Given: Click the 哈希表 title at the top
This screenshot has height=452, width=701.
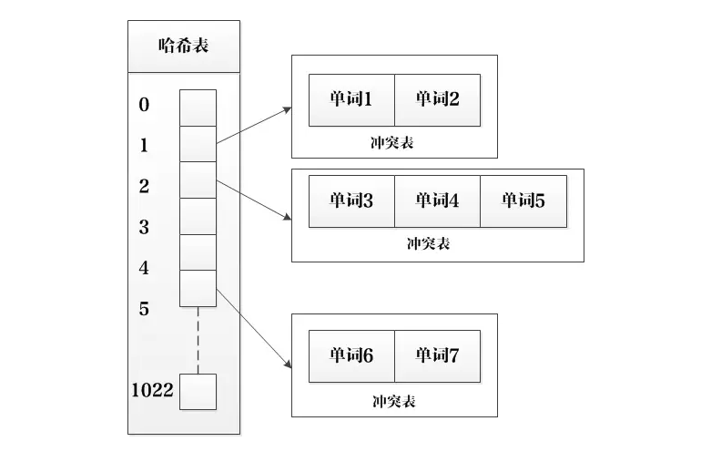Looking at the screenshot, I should tap(184, 45).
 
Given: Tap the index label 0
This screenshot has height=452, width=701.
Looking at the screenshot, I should tap(144, 105).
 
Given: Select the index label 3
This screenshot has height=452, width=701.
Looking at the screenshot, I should tap(144, 228).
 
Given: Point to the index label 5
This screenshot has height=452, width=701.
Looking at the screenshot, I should tap(144, 309).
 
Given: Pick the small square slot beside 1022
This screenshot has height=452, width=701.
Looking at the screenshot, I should tap(198, 392).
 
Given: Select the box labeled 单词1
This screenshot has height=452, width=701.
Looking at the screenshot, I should tap(351, 99).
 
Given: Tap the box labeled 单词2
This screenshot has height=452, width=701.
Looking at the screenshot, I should tap(437, 99).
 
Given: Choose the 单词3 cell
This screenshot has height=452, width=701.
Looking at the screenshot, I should tap(351, 200).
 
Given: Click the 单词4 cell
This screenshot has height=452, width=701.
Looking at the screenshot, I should tap(437, 200).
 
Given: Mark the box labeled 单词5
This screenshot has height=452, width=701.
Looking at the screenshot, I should tap(523, 200).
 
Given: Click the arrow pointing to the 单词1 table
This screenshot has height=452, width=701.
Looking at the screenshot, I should tap(255, 126).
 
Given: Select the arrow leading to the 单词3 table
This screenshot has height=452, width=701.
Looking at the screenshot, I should tap(255, 199).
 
